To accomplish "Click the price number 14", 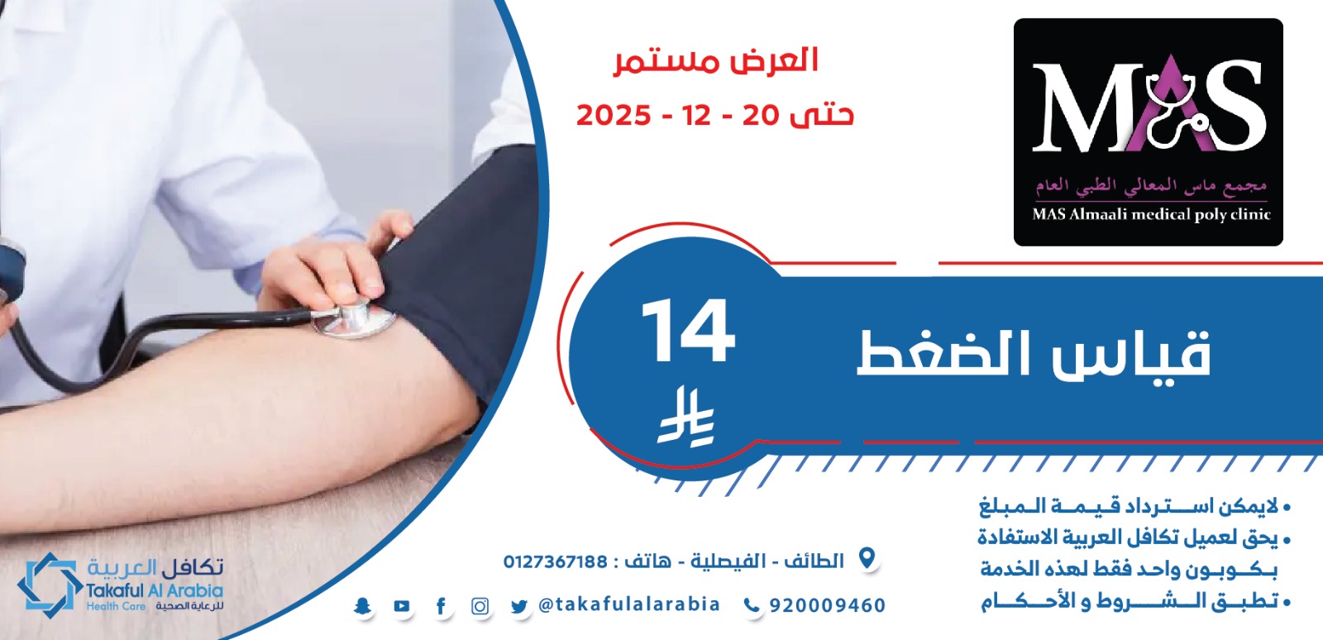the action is [689, 331].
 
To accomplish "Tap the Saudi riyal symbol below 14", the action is [686, 416].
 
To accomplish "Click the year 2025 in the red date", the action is [613, 115].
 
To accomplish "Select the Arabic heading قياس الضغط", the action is [1034, 354].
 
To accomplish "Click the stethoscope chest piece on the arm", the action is [353, 318].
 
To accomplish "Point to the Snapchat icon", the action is [362, 606].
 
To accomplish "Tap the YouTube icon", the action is [402, 606].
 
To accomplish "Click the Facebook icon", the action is [441, 606].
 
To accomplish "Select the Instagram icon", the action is [480, 606].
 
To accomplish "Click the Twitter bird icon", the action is [519, 606].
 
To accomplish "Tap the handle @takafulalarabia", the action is [629, 604].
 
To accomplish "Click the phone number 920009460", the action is [828, 605].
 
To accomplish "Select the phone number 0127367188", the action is [555, 561].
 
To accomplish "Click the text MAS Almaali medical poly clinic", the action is [1151, 214].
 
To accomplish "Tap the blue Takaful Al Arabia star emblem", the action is [50, 585].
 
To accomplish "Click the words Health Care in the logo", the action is [116, 606].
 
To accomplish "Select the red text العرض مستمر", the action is [715, 62].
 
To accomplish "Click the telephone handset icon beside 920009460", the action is [752, 605].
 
